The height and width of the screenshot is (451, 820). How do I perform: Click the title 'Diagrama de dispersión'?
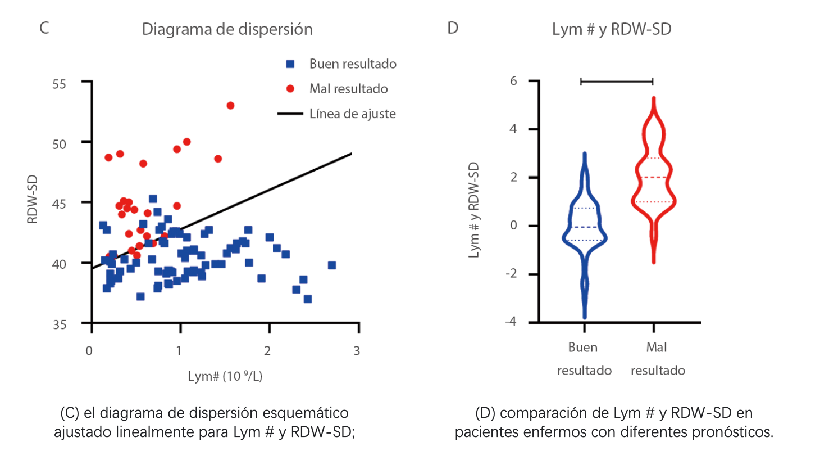click(227, 29)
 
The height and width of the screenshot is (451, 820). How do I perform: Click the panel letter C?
click(44, 28)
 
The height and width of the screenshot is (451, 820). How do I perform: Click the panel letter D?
click(453, 28)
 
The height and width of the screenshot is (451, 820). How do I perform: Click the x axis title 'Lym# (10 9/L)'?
click(225, 377)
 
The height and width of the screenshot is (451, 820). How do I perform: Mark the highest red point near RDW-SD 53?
click(230, 106)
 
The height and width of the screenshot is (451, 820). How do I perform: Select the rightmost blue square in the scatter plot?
click(332, 265)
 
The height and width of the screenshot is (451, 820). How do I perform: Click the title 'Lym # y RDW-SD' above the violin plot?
click(612, 29)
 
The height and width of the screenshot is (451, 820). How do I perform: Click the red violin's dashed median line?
click(653, 178)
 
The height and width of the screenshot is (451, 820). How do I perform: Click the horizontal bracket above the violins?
click(617, 82)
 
